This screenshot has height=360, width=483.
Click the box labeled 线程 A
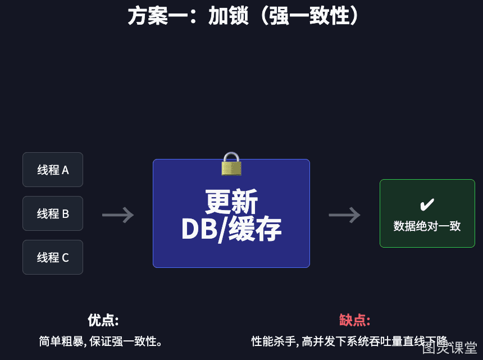53,170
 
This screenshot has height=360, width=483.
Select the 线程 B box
53,213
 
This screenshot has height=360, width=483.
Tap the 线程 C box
53,257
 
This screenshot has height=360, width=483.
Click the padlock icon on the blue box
231,164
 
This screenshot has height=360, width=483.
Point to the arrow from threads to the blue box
118,215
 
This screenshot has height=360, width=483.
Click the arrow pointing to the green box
344,215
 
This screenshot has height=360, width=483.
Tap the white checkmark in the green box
427,204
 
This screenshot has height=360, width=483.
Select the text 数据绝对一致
427,226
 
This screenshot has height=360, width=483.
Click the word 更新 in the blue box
231,202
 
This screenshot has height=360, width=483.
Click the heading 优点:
103,320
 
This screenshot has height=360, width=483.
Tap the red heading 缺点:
354,320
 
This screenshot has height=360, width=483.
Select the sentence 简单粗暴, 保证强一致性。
101,341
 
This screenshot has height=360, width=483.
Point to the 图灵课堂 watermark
449,348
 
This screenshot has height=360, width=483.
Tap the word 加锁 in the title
228,16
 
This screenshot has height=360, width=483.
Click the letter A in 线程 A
65,170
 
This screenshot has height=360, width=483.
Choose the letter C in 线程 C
65,257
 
